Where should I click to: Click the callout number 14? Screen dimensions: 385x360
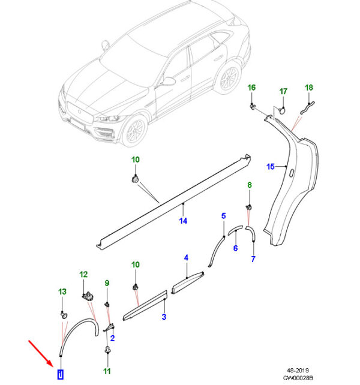click(183, 221)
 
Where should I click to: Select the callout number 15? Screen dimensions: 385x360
click(270, 166)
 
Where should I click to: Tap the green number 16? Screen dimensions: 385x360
click(252, 88)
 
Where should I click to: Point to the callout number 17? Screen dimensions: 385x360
click(284, 91)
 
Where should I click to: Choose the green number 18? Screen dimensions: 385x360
click(309, 88)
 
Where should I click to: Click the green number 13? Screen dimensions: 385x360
click(62, 291)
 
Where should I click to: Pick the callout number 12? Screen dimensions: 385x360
click(83, 274)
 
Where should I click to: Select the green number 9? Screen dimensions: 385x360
click(107, 283)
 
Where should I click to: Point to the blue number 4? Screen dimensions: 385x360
click(186, 257)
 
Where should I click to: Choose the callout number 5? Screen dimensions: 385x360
click(223, 216)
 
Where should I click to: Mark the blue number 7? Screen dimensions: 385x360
click(253, 259)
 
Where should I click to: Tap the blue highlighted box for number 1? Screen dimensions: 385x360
click(61, 375)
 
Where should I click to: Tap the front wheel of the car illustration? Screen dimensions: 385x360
click(136, 130)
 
